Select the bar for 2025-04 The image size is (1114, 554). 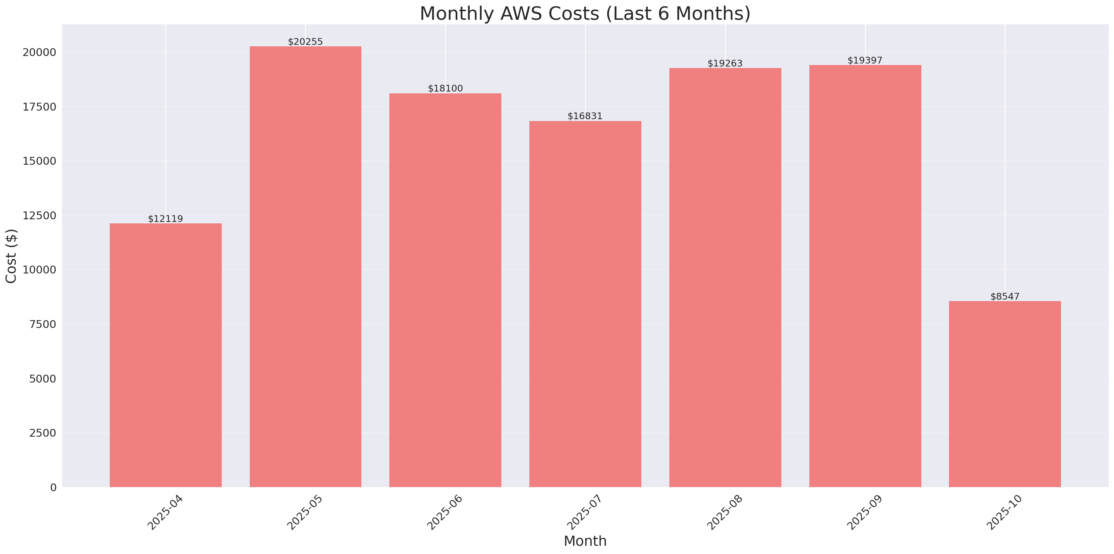tap(166, 355)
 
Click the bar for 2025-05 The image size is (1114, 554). tap(305, 267)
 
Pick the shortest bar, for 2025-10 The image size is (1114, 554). tap(1005, 394)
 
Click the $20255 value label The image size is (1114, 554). tap(305, 41)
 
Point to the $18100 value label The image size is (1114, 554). tap(445, 88)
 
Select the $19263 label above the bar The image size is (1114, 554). tap(725, 63)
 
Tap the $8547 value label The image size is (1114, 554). tap(1005, 297)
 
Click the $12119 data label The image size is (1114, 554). tap(166, 219)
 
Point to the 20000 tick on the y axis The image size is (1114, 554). tap(39, 52)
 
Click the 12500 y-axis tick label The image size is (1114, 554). tap(39, 216)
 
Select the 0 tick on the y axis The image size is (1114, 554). tap(53, 488)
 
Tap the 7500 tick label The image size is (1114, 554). tap(43, 324)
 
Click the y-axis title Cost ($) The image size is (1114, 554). tap(11, 256)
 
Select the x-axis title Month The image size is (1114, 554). tap(585, 541)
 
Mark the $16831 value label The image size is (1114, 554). tap(585, 116)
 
